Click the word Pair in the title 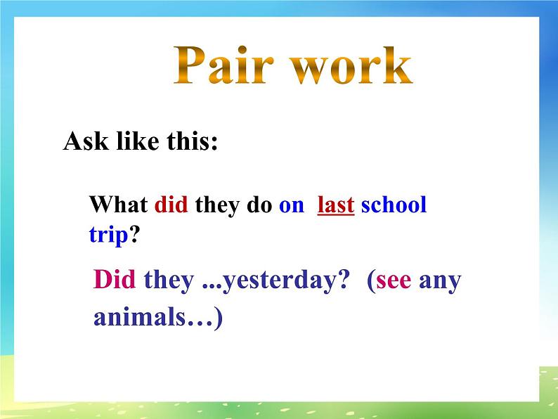click(220, 67)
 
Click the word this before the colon click(188, 142)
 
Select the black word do click(260, 205)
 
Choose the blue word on click(292, 205)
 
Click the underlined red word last click(336, 205)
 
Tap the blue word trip click(108, 234)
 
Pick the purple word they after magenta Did click(169, 280)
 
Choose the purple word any click(440, 281)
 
